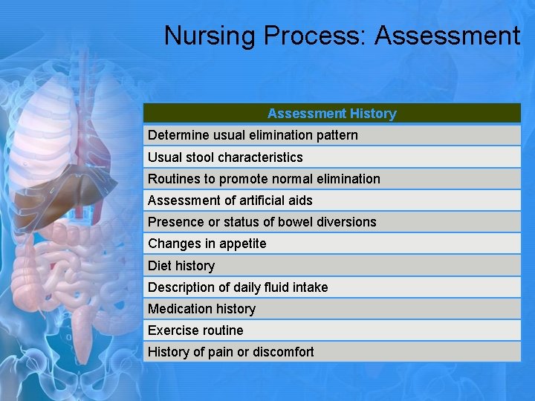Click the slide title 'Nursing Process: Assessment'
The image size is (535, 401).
coord(342,36)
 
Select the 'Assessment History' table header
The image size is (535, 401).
coord(331,114)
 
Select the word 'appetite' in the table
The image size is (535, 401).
coord(241,244)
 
